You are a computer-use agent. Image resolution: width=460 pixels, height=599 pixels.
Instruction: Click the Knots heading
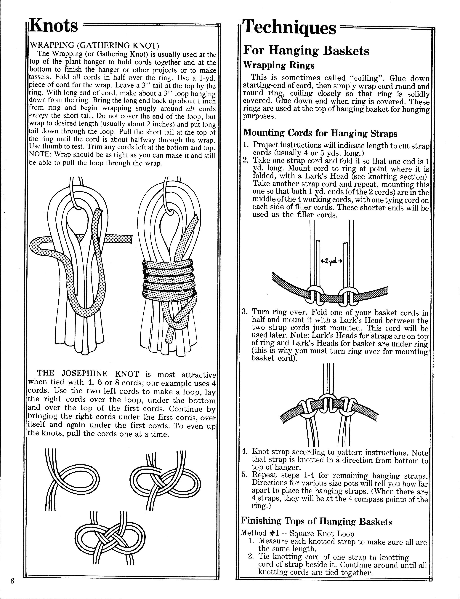coord(54,25)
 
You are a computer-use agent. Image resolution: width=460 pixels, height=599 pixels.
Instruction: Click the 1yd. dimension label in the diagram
coord(332,261)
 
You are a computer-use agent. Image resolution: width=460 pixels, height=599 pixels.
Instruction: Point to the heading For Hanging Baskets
coord(306,50)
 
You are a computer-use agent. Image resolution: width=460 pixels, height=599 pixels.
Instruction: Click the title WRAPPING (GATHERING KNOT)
coord(94,45)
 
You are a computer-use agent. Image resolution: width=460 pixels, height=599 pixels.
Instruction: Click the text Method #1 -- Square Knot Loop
coord(297,533)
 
